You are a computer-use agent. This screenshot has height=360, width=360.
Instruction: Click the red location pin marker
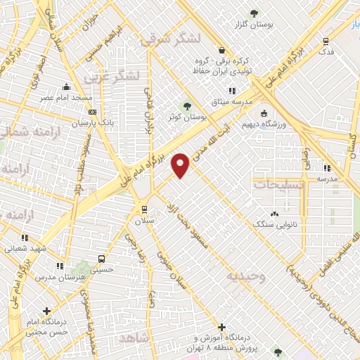181,165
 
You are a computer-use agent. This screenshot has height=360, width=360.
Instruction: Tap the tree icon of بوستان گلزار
255,13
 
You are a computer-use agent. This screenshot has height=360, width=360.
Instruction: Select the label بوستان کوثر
184,117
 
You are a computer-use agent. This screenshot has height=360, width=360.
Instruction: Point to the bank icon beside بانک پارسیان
92,111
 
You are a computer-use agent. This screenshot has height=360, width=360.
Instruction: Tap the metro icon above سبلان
143,209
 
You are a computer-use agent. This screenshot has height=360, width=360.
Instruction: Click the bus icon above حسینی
103,257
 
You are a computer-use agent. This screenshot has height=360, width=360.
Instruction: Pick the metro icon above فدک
325,41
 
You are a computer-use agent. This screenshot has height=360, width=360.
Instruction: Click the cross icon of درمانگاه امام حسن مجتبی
46,310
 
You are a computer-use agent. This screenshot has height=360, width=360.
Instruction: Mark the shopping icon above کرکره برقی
222,51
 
